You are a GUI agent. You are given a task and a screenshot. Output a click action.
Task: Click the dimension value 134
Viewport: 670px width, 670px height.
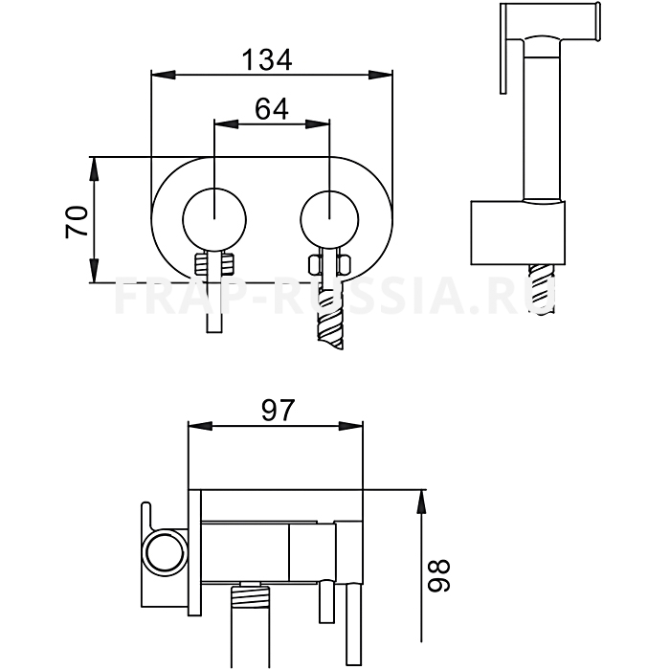tap(267, 59)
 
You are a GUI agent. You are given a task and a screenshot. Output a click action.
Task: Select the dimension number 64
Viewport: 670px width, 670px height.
tap(272, 108)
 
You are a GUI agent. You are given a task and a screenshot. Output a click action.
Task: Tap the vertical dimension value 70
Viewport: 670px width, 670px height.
tap(77, 221)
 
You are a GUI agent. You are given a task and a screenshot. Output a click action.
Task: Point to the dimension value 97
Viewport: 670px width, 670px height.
tap(279, 410)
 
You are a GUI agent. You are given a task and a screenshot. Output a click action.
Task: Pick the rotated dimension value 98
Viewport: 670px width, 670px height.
tap(439, 575)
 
